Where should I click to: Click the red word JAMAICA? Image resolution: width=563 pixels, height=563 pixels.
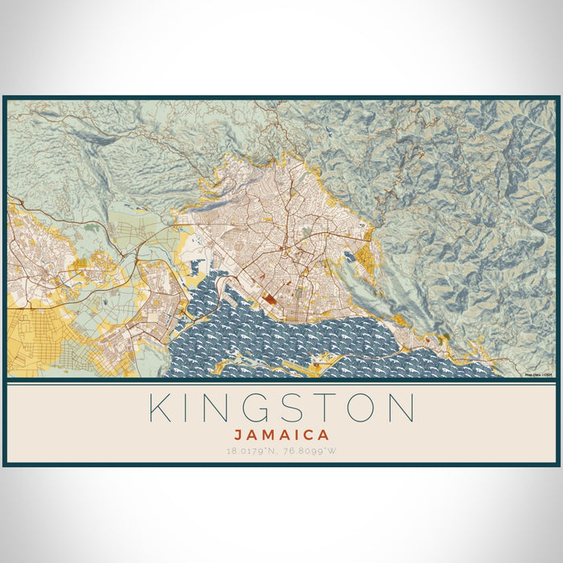coord(281,435)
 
